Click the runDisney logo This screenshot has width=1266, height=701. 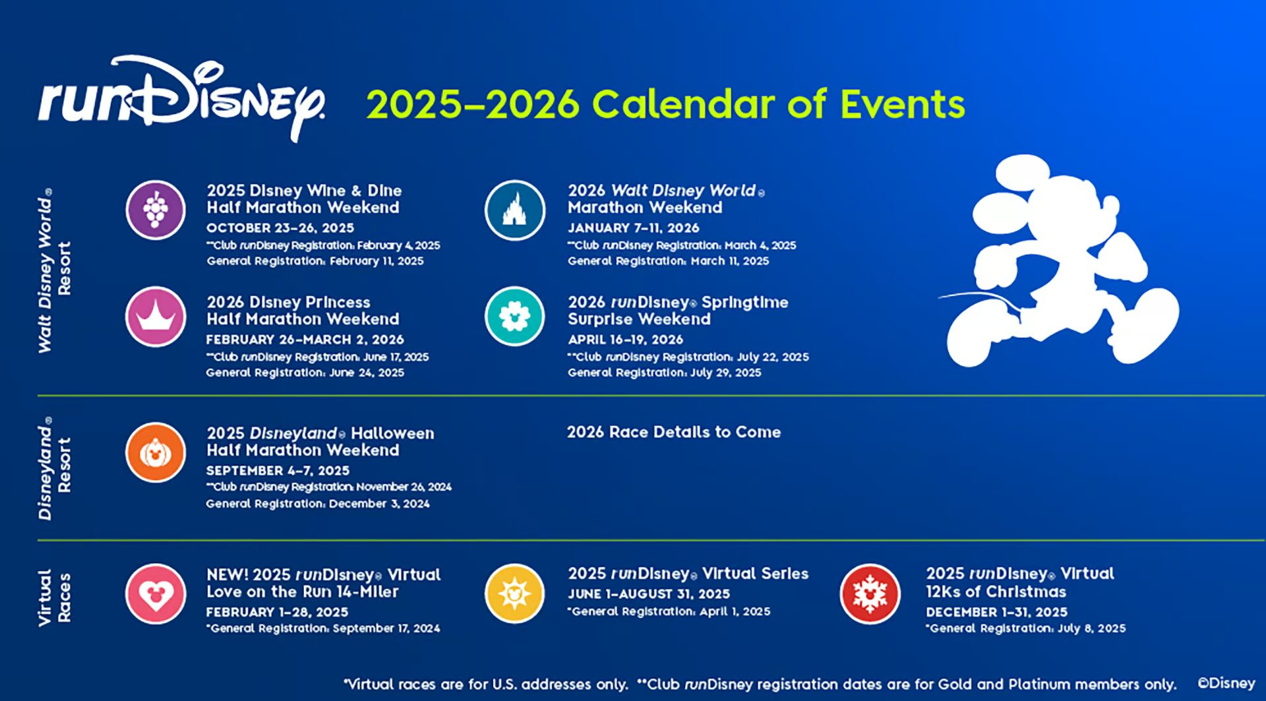(181, 99)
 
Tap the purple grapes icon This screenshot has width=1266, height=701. (156, 210)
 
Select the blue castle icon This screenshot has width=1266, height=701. (515, 210)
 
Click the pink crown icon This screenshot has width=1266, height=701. (156, 317)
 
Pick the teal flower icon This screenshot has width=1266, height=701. (515, 317)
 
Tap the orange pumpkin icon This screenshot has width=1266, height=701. (156, 452)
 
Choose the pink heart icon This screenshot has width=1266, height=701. (156, 594)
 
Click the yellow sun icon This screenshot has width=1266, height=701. (515, 594)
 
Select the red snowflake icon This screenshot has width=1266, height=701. (870, 594)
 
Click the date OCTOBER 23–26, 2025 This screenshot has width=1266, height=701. (280, 228)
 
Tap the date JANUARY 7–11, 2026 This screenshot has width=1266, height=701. (633, 228)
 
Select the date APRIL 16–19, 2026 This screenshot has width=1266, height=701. (625, 340)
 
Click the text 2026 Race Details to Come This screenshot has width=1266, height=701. (673, 432)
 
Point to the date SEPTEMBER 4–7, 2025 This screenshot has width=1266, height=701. (278, 471)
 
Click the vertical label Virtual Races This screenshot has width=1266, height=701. (54, 597)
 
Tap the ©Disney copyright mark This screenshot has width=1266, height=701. (1226, 683)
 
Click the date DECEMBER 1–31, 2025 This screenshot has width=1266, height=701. (996, 612)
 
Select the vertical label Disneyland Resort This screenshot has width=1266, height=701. (54, 468)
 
